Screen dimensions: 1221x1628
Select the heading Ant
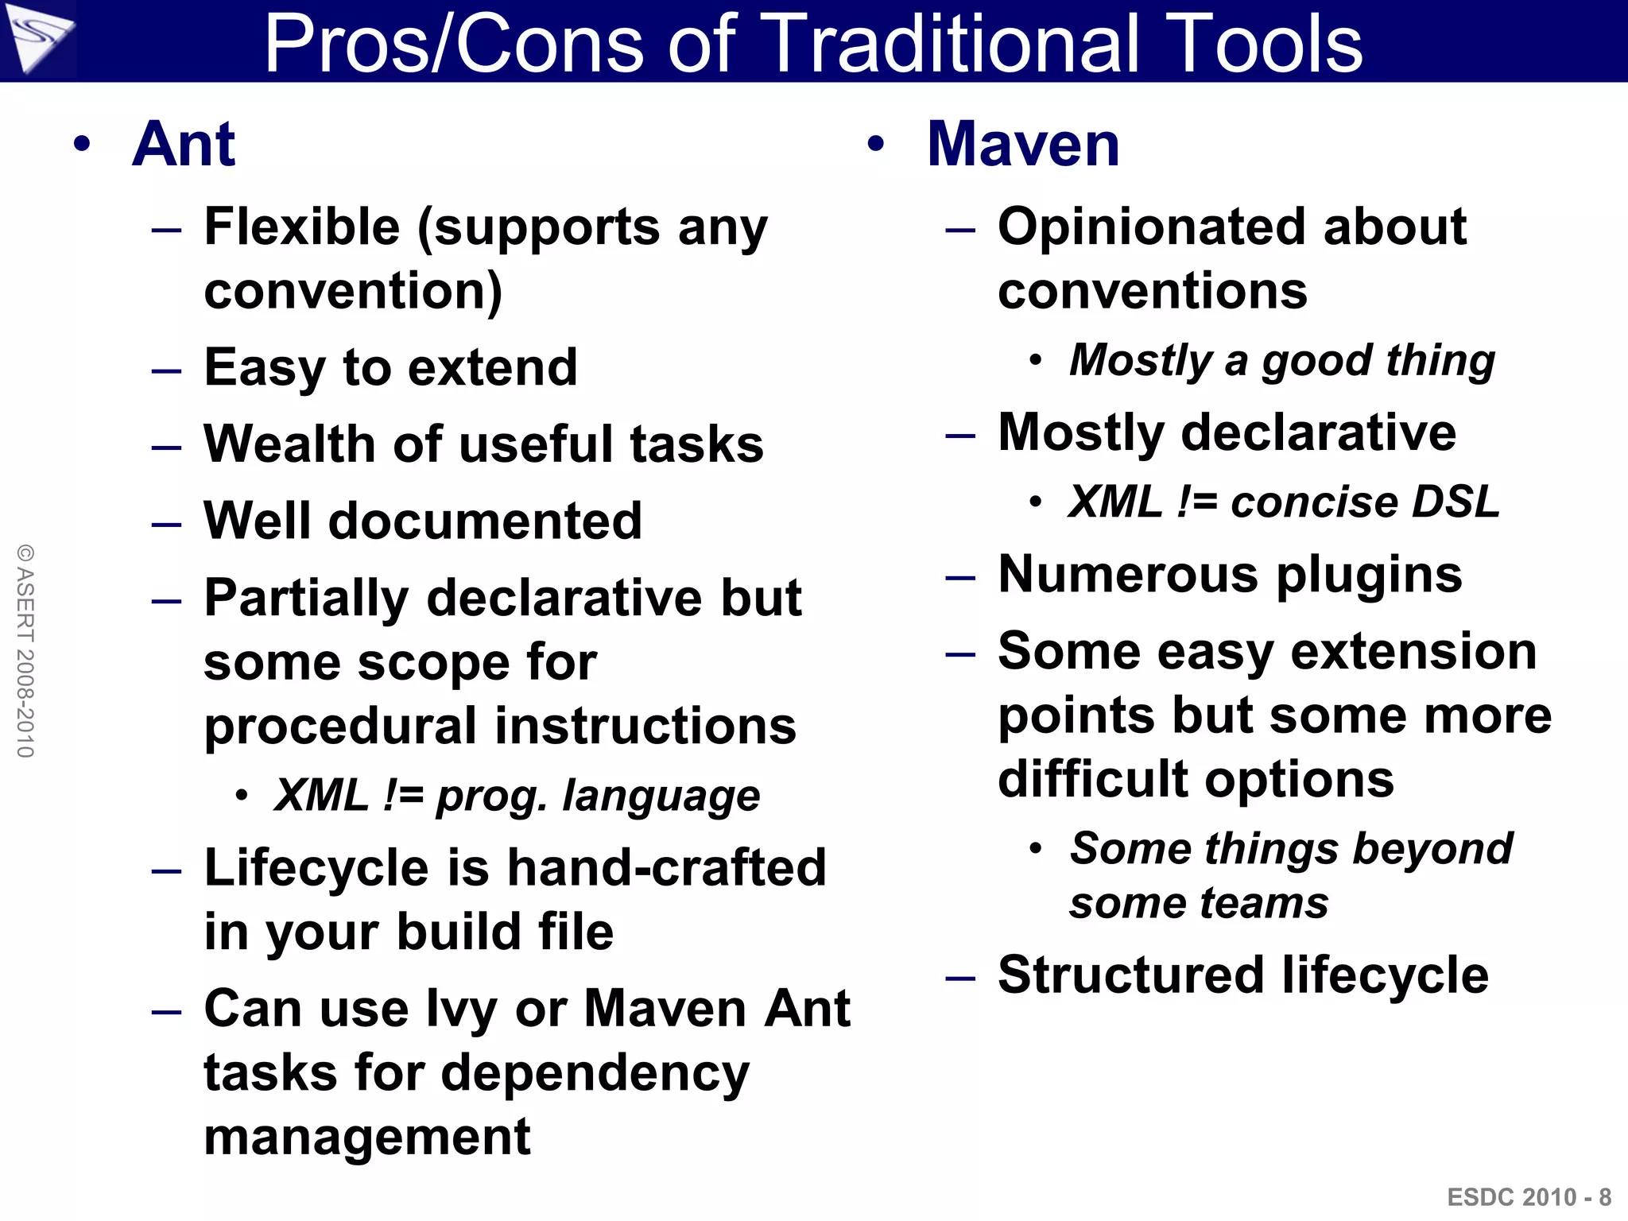tap(184, 144)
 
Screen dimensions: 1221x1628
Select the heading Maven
tap(1023, 144)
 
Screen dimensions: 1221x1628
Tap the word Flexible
tap(301, 227)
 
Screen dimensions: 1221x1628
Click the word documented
tap(485, 521)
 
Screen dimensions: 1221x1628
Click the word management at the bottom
tap(367, 1137)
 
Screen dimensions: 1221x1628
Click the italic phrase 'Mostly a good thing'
tap(1281, 360)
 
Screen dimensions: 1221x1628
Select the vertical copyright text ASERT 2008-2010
tap(25, 650)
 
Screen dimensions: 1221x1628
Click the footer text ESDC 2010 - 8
tap(1529, 1196)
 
